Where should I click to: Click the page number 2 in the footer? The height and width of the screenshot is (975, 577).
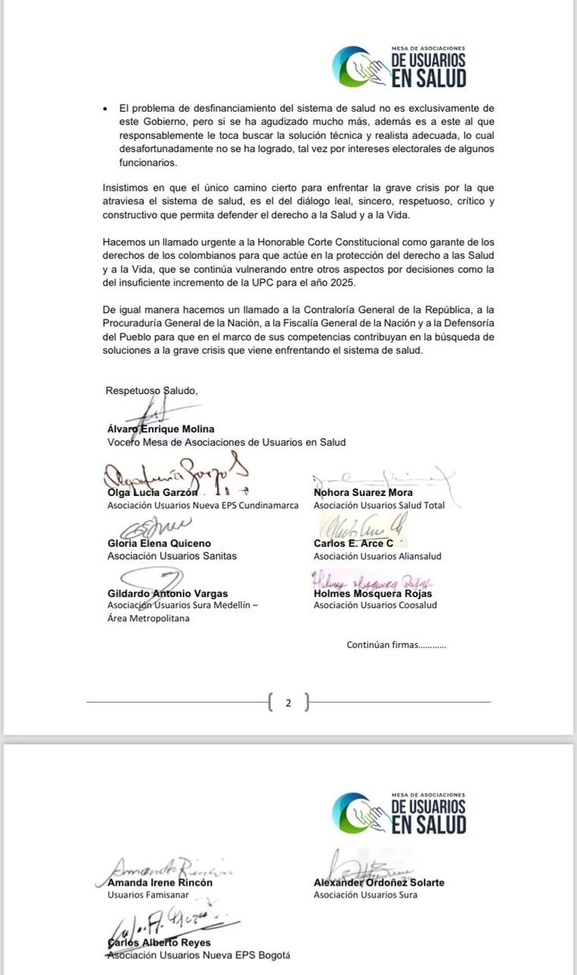(x=288, y=703)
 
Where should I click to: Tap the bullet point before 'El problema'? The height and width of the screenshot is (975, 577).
(x=106, y=109)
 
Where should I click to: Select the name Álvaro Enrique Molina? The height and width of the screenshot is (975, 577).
(x=161, y=429)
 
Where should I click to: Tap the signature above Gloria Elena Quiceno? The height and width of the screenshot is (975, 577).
(x=152, y=526)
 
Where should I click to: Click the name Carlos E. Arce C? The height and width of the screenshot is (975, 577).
(x=353, y=544)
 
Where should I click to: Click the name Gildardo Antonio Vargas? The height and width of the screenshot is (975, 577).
(x=167, y=594)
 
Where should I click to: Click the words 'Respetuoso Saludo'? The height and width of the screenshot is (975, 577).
(x=151, y=391)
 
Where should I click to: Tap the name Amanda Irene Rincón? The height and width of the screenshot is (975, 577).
(x=160, y=883)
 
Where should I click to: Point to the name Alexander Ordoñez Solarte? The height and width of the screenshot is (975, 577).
(x=379, y=883)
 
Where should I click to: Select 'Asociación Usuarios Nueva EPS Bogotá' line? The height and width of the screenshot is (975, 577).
(x=198, y=956)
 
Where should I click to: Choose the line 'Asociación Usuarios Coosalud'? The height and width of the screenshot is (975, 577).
(x=375, y=605)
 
